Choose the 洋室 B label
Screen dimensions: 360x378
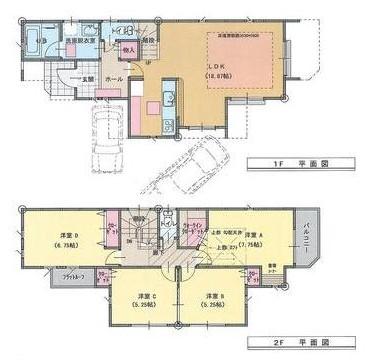(x=212, y=297)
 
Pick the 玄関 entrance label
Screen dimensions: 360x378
(x=87, y=79)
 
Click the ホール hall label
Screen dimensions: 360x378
(x=115, y=78)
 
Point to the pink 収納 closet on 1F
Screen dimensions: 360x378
(x=130, y=46)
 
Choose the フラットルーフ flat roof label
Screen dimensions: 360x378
(x=59, y=289)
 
